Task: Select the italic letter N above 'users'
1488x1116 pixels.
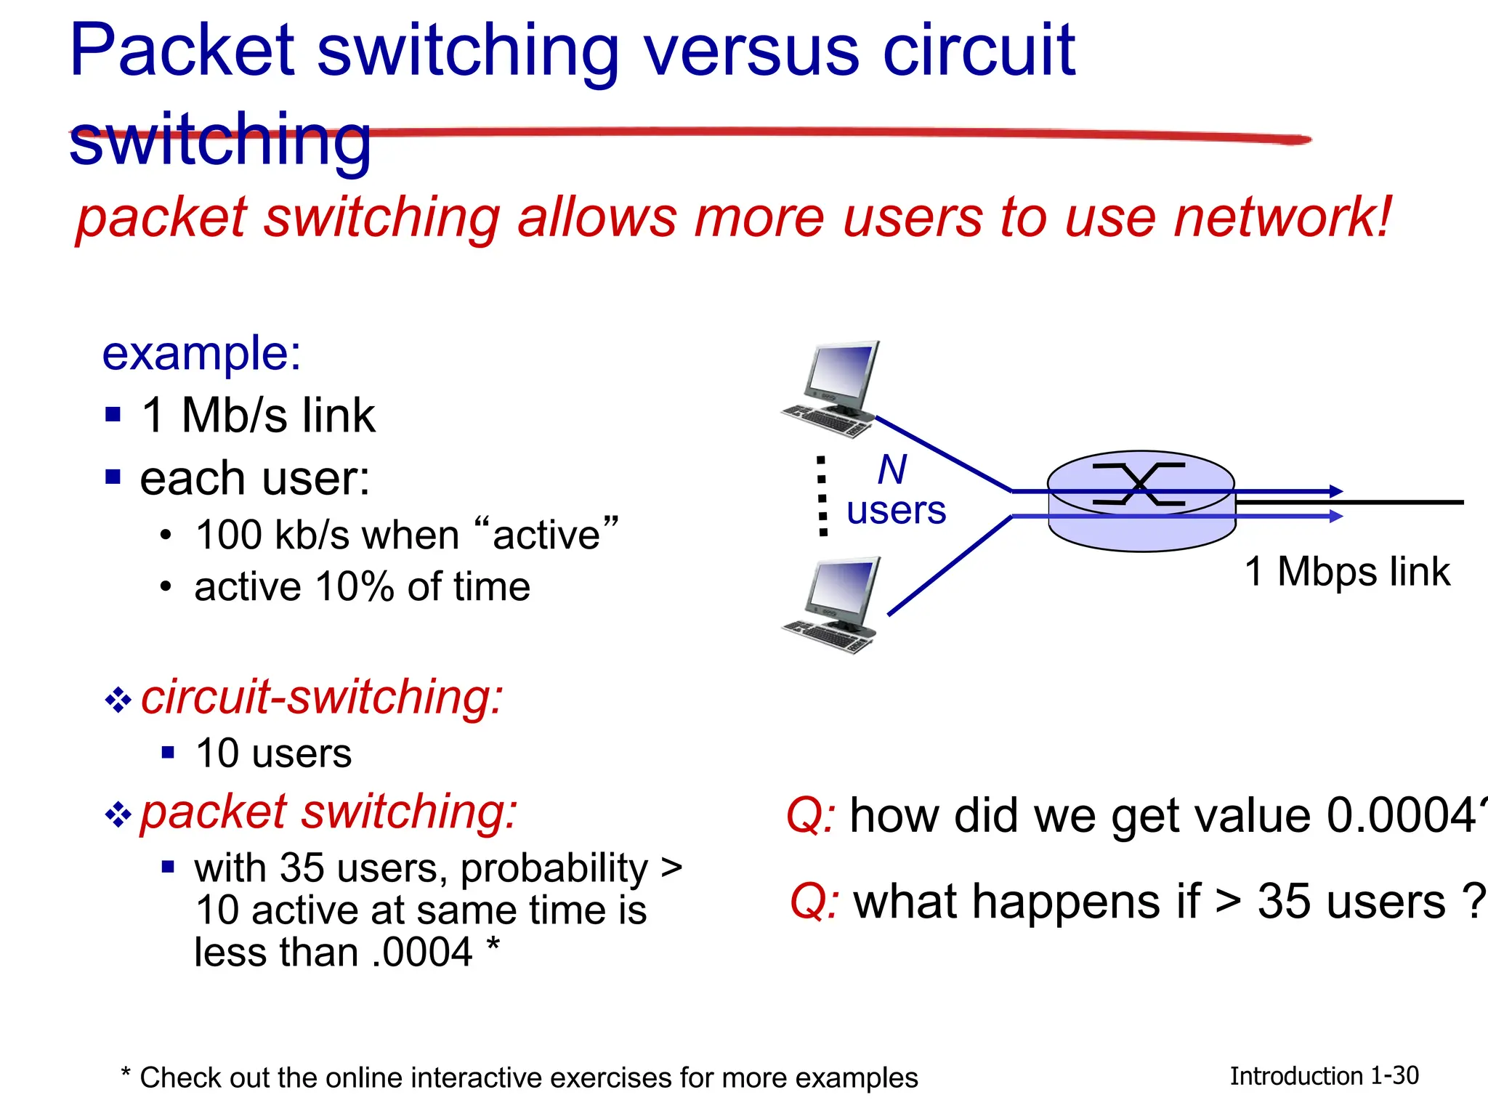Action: pyautogui.click(x=892, y=469)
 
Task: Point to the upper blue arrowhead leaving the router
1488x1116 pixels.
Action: pyautogui.click(x=1335, y=491)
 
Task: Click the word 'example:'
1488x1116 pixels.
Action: pyautogui.click(x=201, y=355)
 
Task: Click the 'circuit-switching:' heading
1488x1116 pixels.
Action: pyautogui.click(x=321, y=697)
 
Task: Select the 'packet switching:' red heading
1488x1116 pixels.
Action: pyautogui.click(x=328, y=812)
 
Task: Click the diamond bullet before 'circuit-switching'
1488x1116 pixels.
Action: pyautogui.click(x=118, y=700)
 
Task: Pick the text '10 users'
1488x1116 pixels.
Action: pyautogui.click(x=273, y=753)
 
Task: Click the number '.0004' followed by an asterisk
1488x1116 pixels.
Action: pyautogui.click(x=422, y=953)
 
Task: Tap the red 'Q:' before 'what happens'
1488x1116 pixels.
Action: pyautogui.click(x=814, y=902)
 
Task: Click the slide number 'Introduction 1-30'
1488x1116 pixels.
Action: pyautogui.click(x=1324, y=1076)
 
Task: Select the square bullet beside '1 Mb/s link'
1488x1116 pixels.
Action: pyautogui.click(x=113, y=415)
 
